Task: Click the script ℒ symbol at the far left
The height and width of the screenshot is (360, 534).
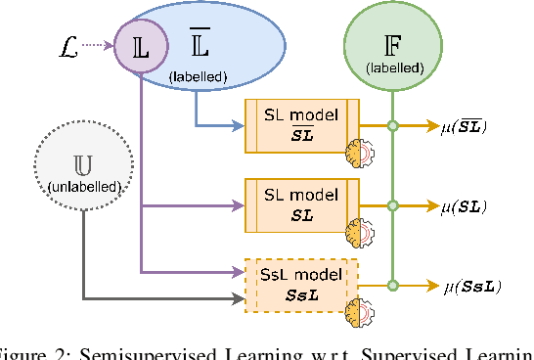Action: (67, 44)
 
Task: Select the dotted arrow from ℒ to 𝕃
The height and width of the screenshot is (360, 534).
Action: (98, 45)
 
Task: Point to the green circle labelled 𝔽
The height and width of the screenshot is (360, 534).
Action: (391, 45)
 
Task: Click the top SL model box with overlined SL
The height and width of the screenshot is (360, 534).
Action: (302, 124)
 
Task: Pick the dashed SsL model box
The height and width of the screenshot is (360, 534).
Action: (302, 285)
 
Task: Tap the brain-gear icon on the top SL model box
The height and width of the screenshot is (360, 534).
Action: (362, 154)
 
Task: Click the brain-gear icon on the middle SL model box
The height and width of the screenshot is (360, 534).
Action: (362, 233)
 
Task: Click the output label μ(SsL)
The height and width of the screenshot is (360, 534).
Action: (470, 287)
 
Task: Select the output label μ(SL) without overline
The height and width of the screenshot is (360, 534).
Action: (465, 206)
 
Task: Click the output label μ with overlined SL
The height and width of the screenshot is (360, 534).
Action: (465, 125)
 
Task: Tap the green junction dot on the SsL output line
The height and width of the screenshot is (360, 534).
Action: (392, 286)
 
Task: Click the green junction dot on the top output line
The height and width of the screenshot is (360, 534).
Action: (392, 125)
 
